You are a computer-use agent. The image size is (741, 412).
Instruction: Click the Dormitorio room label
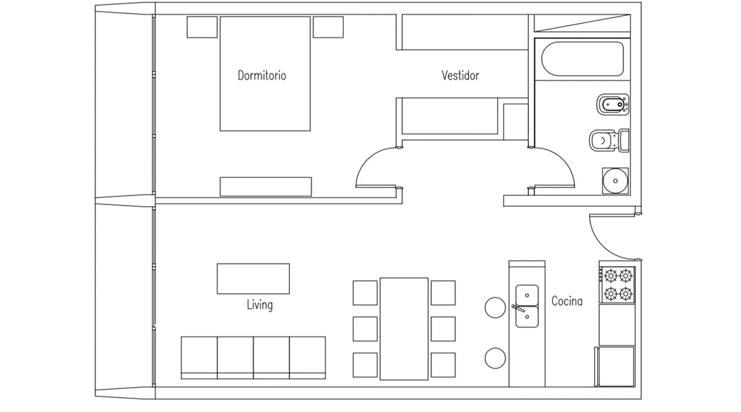[x=262, y=75]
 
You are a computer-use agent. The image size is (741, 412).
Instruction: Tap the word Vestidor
[x=460, y=75]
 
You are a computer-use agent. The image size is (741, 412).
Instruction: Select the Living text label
[x=260, y=305]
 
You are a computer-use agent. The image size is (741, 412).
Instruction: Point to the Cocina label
[x=567, y=301]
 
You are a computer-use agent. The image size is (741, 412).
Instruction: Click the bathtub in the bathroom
[x=582, y=59]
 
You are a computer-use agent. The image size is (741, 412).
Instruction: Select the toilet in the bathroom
[x=609, y=141]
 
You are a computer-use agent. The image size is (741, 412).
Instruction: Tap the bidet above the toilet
[x=613, y=105]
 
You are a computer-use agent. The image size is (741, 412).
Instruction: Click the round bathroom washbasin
[x=615, y=180]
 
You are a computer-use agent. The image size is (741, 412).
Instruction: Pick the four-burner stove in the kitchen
[x=617, y=285]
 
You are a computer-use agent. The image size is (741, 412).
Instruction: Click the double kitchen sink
[x=527, y=306]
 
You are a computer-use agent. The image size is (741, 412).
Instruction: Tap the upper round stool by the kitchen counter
[x=495, y=307]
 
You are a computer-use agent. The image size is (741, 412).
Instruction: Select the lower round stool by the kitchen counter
[x=495, y=358]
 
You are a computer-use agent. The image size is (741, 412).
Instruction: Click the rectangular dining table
[x=404, y=329]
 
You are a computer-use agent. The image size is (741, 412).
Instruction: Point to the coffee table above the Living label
[x=253, y=279]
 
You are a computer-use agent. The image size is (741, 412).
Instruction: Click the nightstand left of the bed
[x=202, y=27]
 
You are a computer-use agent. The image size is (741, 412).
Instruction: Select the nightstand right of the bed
[x=328, y=27]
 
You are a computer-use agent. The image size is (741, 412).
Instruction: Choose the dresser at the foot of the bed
[x=266, y=187]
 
